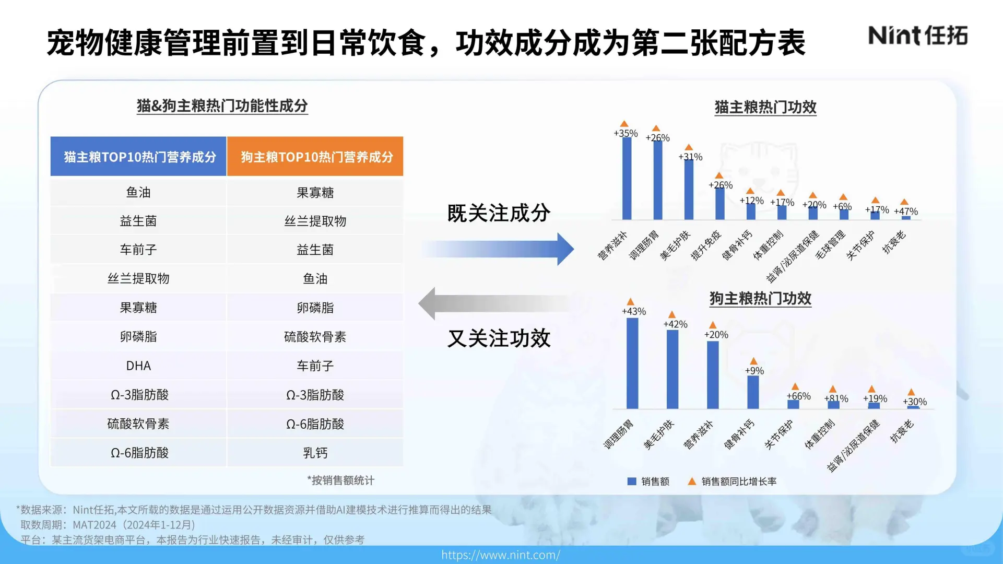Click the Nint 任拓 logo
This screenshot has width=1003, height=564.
pos(917,36)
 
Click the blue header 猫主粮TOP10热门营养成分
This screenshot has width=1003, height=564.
pos(139,157)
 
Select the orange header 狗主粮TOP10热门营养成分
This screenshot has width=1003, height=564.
pos(315,157)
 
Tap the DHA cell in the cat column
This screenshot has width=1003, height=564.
pos(138,366)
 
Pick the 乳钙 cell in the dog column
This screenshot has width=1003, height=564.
pos(315,453)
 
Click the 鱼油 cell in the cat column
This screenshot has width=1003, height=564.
pos(138,192)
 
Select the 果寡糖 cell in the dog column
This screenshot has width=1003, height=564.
pos(315,192)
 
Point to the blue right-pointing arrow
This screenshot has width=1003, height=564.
pos(499,249)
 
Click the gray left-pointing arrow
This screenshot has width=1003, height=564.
pos(496,303)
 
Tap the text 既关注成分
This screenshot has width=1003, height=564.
pos(499,213)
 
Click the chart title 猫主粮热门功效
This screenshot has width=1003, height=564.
pos(765,107)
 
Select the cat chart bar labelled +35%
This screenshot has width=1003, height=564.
pos(627,178)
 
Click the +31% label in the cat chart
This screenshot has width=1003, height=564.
pos(690,157)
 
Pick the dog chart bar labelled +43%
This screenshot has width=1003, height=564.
pos(632,363)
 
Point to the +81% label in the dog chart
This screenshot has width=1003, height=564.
pos(836,398)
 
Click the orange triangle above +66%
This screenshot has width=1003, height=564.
pos(795,386)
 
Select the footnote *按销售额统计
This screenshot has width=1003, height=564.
pos(340,480)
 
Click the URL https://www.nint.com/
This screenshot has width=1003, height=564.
pos(501,555)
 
